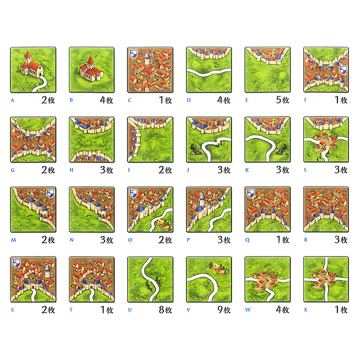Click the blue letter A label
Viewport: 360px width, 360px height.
pos(13,100)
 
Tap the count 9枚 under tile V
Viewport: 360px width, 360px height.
pos(224,310)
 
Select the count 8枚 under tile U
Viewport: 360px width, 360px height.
pos(165,310)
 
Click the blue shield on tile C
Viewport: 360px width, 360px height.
pos(133,54)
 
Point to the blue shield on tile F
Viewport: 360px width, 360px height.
pos(343,70)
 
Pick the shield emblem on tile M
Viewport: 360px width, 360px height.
pos(51,193)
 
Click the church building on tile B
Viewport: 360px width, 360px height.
pos(91,69)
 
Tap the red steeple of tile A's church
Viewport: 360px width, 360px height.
pos(27,55)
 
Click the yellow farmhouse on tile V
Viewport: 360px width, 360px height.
pos(219,268)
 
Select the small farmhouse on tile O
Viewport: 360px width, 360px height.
pos(164,223)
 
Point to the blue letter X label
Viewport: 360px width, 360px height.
pos(305,310)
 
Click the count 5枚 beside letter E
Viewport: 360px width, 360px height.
pos(283,100)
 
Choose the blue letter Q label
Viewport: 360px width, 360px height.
pos(247,240)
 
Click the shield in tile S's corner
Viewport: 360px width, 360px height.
pos(16,263)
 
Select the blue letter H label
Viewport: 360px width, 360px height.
pos(71,170)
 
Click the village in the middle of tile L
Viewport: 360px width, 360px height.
pos(325,141)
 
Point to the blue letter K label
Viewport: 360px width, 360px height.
pos(247,170)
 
